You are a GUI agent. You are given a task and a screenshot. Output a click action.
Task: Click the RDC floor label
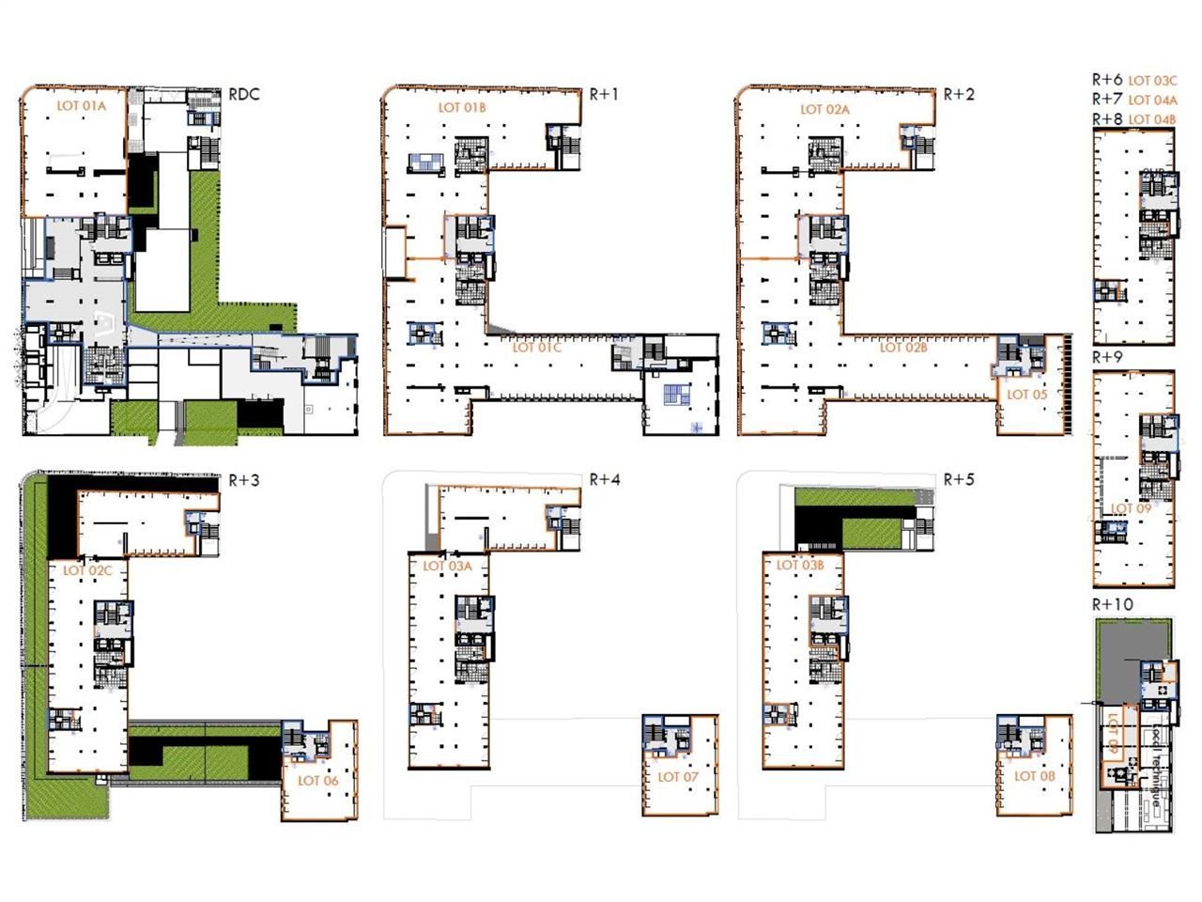coord(244,95)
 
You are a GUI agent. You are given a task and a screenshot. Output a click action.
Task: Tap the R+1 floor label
coord(604,94)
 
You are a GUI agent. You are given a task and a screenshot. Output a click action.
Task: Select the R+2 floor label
coord(959,94)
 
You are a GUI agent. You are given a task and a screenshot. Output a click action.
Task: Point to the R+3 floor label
coord(244,480)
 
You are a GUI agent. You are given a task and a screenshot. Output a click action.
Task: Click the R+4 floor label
coord(605,479)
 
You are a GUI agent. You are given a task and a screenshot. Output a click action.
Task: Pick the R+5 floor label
coord(959,479)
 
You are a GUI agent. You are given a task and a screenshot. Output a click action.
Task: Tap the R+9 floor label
coord(1107,358)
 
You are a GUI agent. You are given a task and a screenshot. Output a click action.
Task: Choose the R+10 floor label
coord(1113,604)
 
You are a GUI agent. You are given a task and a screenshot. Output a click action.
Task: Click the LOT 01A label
coord(82,106)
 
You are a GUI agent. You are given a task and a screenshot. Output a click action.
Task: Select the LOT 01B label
coord(462,107)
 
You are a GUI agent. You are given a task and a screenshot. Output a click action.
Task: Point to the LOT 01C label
coord(536,348)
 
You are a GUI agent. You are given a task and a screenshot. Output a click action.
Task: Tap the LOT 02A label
coord(824,109)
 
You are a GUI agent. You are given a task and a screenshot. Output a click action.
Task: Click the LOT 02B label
coord(903,348)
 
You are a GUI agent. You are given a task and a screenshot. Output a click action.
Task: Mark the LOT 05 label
coord(1026,395)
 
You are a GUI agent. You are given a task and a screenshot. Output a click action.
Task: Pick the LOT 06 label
coord(317,781)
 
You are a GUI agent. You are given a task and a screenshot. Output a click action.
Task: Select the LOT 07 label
coord(678,777)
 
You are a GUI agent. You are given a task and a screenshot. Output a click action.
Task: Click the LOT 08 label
coord(1034,776)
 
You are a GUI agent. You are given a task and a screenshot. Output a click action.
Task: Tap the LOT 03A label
coord(447,566)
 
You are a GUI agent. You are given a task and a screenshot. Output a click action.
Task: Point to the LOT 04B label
coord(1152,119)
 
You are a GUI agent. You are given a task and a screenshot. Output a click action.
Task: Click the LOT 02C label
coord(87,570)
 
